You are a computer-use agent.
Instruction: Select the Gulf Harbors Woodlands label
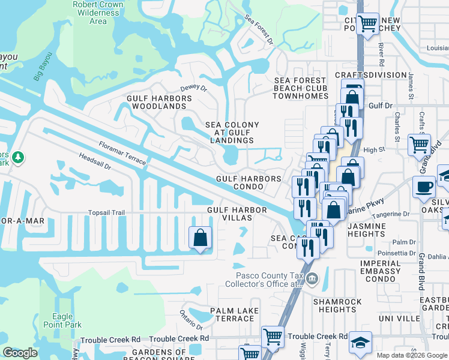click(156, 102)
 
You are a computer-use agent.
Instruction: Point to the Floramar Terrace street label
click(122, 152)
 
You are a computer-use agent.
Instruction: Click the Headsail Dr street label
click(95, 162)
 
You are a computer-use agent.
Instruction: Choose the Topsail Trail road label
click(106, 212)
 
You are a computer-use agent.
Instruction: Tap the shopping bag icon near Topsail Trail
click(200, 238)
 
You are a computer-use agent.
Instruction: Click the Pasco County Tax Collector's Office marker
click(312, 278)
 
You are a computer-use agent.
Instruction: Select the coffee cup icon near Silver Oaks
click(424, 187)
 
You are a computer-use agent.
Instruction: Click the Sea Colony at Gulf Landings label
click(232, 133)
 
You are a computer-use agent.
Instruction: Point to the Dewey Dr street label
click(193, 88)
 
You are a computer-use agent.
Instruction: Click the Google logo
click(20, 353)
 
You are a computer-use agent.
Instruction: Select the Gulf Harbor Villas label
click(229, 214)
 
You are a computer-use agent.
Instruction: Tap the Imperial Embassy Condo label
click(381, 271)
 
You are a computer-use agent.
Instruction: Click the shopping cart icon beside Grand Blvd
click(418, 145)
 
